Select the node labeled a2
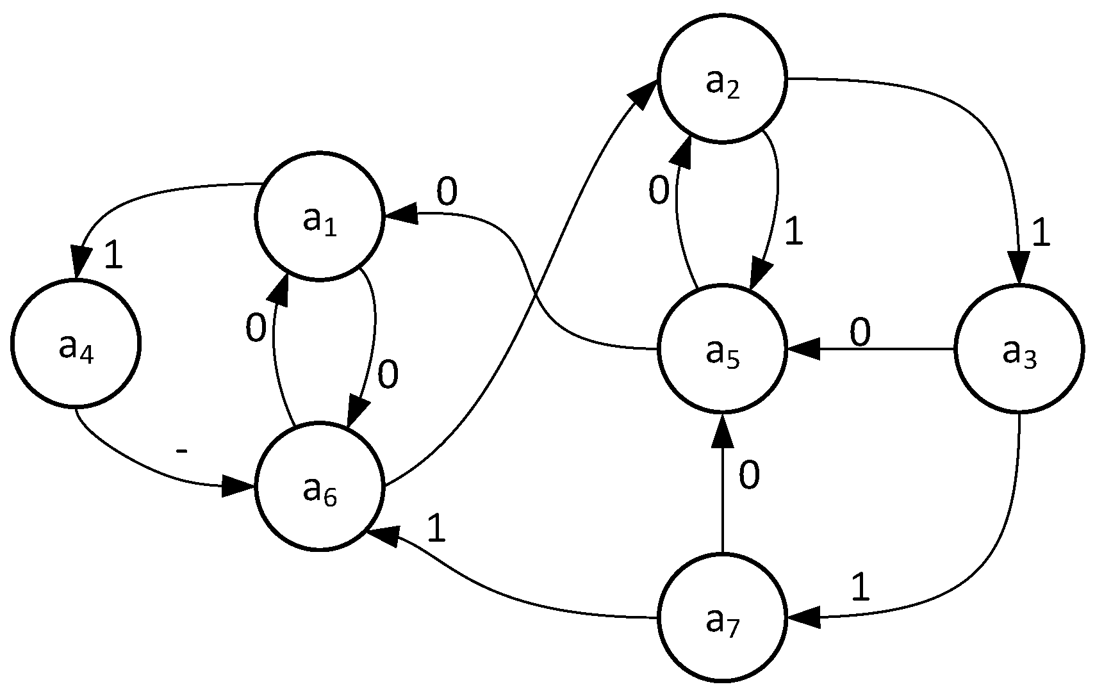(722, 79)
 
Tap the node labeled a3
(1019, 349)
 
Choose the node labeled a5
(722, 349)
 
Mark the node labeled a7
(722, 619)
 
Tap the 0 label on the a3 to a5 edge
(860, 333)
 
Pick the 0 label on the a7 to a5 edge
(748, 476)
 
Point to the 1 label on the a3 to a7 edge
(860, 587)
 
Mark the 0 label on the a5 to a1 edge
(447, 191)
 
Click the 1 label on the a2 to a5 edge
(793, 232)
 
